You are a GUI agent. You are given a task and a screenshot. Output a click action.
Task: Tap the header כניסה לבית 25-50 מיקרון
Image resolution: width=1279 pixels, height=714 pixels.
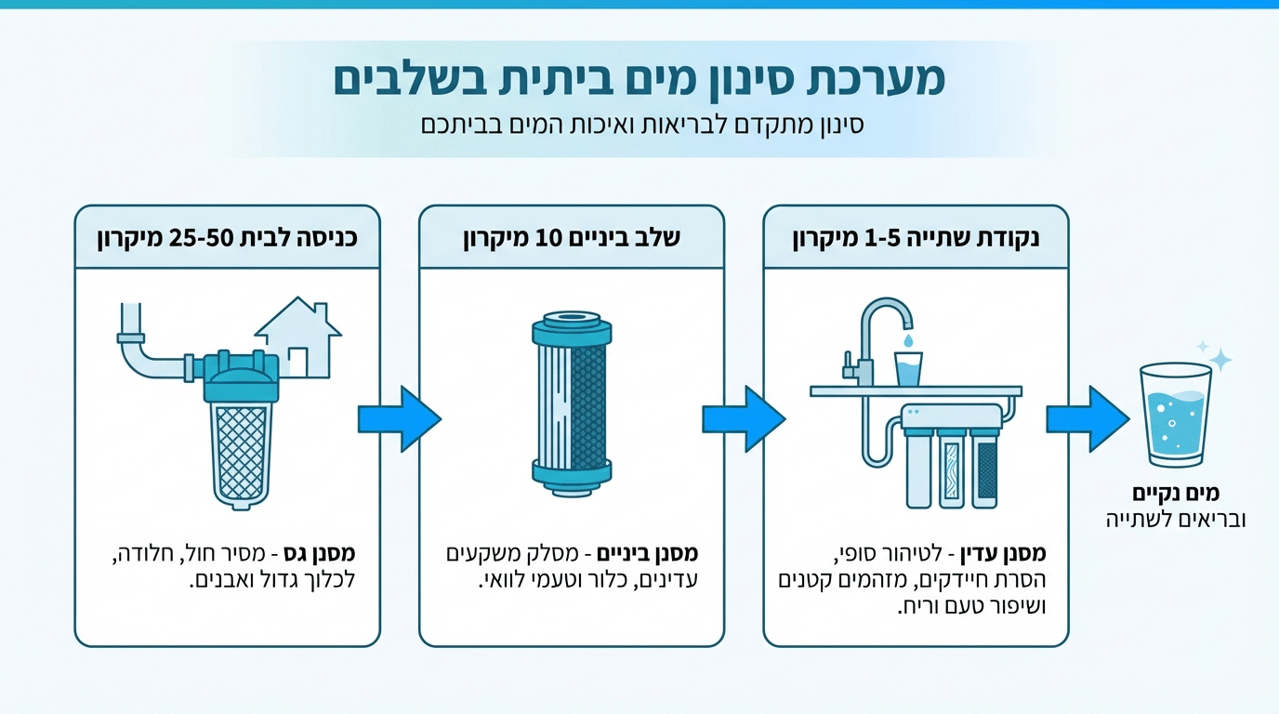228,237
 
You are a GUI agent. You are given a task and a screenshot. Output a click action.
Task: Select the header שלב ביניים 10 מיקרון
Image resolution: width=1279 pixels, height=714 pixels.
572,237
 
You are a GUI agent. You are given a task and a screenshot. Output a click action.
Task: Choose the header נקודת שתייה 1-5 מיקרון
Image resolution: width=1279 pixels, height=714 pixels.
916,237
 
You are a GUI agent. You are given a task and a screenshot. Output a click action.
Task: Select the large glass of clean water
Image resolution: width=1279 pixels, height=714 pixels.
1175,416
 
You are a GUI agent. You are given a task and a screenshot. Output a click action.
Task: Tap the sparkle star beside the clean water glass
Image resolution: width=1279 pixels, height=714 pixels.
1220,360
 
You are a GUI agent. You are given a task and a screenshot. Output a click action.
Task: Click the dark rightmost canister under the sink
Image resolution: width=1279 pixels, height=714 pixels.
985,469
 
